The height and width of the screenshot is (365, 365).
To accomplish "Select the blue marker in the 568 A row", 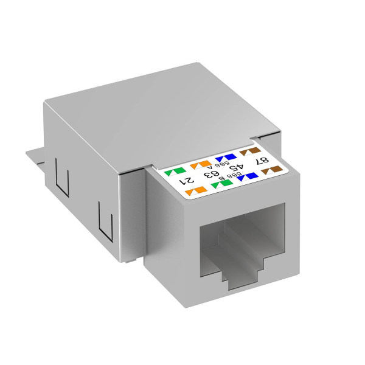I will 223,157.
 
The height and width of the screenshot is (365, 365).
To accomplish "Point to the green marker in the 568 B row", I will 223,184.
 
